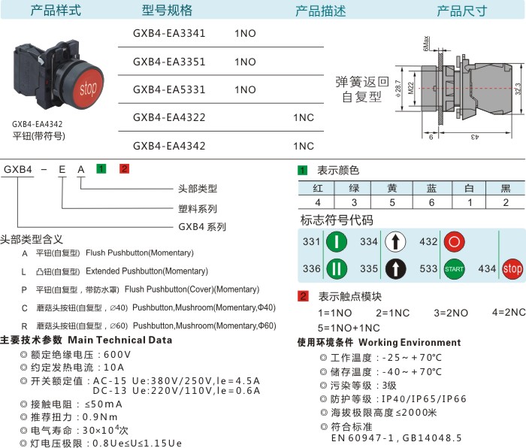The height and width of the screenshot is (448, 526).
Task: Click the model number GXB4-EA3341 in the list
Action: click(169, 33)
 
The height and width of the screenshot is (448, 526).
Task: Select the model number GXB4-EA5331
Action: click(169, 89)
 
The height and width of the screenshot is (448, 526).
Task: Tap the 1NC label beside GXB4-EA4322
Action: click(304, 117)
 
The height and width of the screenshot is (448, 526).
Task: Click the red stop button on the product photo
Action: click(88, 88)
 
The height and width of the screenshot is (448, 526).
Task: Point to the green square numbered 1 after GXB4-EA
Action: click(101, 168)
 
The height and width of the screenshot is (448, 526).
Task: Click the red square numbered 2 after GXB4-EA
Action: click(124, 168)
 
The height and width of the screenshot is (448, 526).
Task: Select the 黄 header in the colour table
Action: click(392, 188)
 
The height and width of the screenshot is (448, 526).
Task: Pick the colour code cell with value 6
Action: click(432, 202)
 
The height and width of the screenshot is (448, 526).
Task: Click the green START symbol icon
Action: click(454, 269)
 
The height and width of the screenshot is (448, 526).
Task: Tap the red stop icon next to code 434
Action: click(512, 269)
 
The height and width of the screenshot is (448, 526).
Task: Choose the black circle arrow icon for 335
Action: click(395, 269)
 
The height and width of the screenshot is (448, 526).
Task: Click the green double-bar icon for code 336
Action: click(337, 269)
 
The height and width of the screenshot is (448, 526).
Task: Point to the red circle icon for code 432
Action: click(454, 241)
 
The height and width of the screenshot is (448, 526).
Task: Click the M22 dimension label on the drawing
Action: click(411, 88)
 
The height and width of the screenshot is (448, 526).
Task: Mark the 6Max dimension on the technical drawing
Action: click(426, 44)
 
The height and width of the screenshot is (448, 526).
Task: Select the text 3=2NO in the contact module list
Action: click(451, 313)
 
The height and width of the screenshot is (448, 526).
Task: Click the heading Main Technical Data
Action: click(120, 340)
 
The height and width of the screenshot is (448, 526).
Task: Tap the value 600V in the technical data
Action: click(117, 354)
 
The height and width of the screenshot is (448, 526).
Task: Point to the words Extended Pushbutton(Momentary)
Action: click(147, 271)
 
